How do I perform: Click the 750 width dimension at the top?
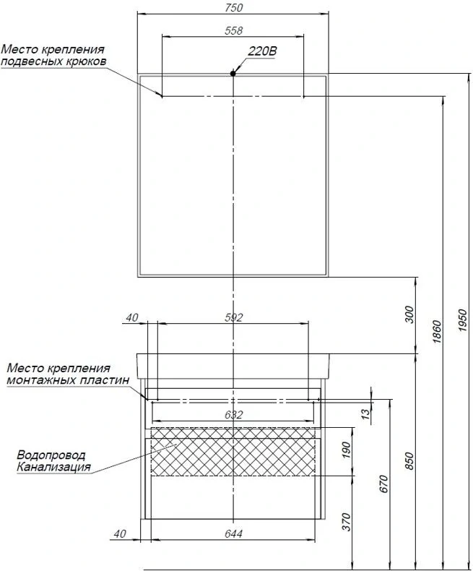pos(233,7)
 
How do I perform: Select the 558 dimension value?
pos(233,30)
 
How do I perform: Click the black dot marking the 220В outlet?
pos(233,73)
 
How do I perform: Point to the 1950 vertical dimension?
pos(462,318)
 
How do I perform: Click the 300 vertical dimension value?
pos(409,315)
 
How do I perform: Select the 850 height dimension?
pos(409,460)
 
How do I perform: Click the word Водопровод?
pos(50,455)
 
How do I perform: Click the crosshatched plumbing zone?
pos(233,452)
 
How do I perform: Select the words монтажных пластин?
pos(66,379)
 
